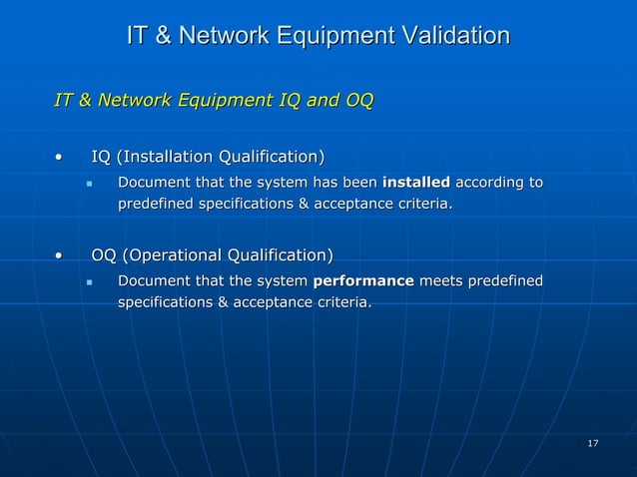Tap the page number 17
[x=593, y=442]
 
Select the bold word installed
[x=416, y=184]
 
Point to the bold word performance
[x=363, y=281]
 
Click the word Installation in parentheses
[x=171, y=157]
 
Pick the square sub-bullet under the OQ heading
[x=89, y=282]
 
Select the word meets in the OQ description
[x=439, y=281]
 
